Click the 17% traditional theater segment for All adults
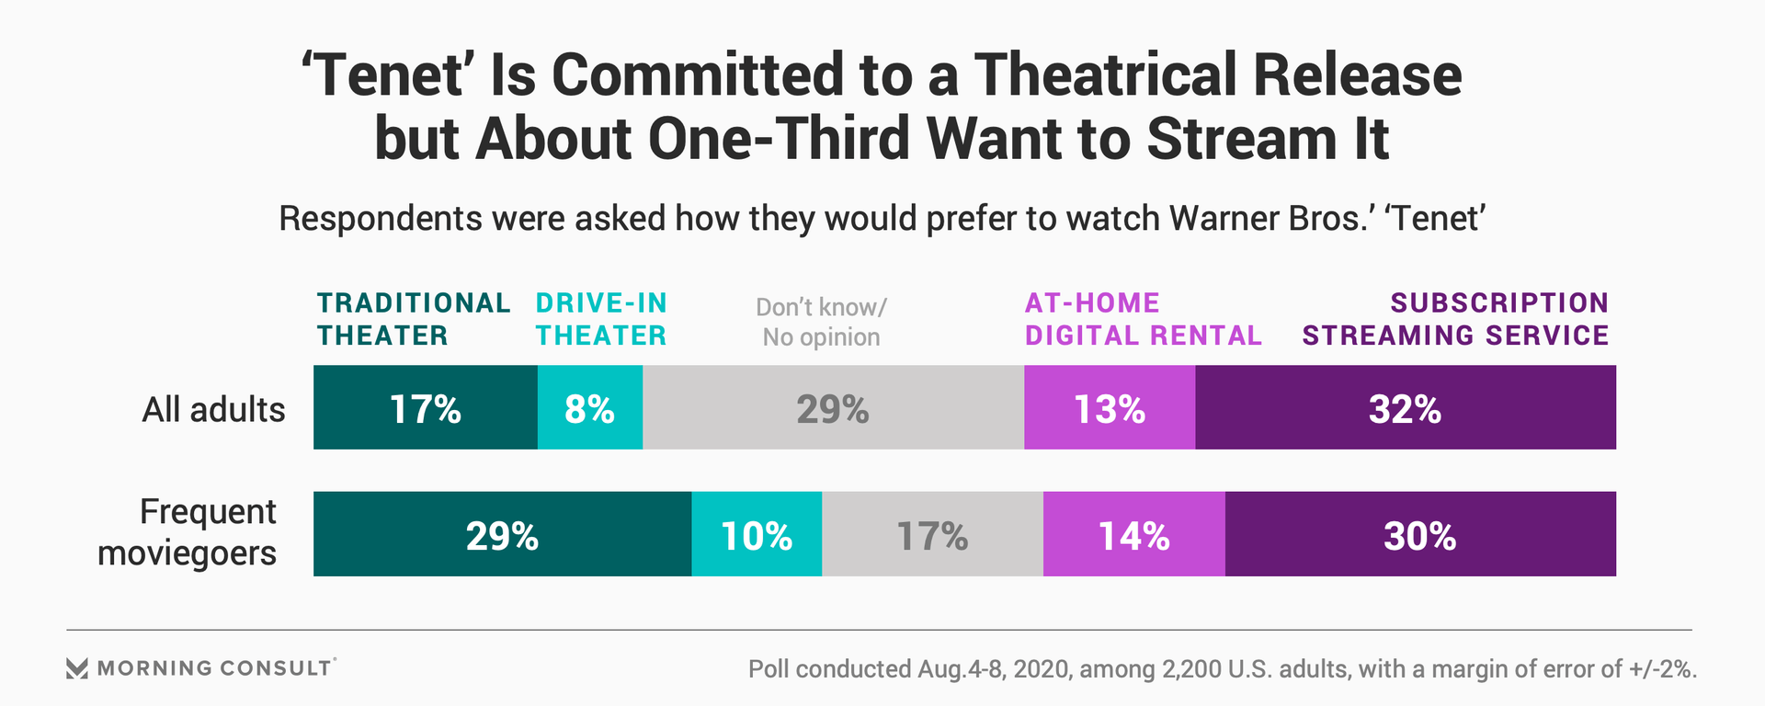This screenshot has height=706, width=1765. [425, 407]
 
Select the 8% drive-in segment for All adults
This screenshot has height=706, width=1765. [589, 407]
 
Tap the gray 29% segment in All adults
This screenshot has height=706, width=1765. [833, 407]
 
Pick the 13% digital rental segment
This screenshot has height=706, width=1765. [1110, 407]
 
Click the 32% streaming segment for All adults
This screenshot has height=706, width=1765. [1405, 407]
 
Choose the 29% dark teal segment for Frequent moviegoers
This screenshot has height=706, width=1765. [502, 534]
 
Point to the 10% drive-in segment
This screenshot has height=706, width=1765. [757, 534]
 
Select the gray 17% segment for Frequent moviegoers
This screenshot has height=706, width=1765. [932, 534]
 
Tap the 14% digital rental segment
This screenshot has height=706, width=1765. [1133, 534]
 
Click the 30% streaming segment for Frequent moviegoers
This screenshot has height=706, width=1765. [1420, 534]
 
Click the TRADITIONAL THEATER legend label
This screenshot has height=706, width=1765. [414, 319]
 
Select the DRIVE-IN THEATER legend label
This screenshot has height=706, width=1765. [601, 319]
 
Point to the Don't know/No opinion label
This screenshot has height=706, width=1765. [821, 322]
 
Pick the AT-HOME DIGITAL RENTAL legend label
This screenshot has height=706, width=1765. [1144, 319]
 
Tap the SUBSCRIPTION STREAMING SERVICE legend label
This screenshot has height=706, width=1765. [1455, 319]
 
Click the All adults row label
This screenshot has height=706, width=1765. [213, 409]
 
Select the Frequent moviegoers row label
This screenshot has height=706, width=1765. [188, 532]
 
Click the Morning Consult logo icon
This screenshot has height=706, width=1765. [77, 668]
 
